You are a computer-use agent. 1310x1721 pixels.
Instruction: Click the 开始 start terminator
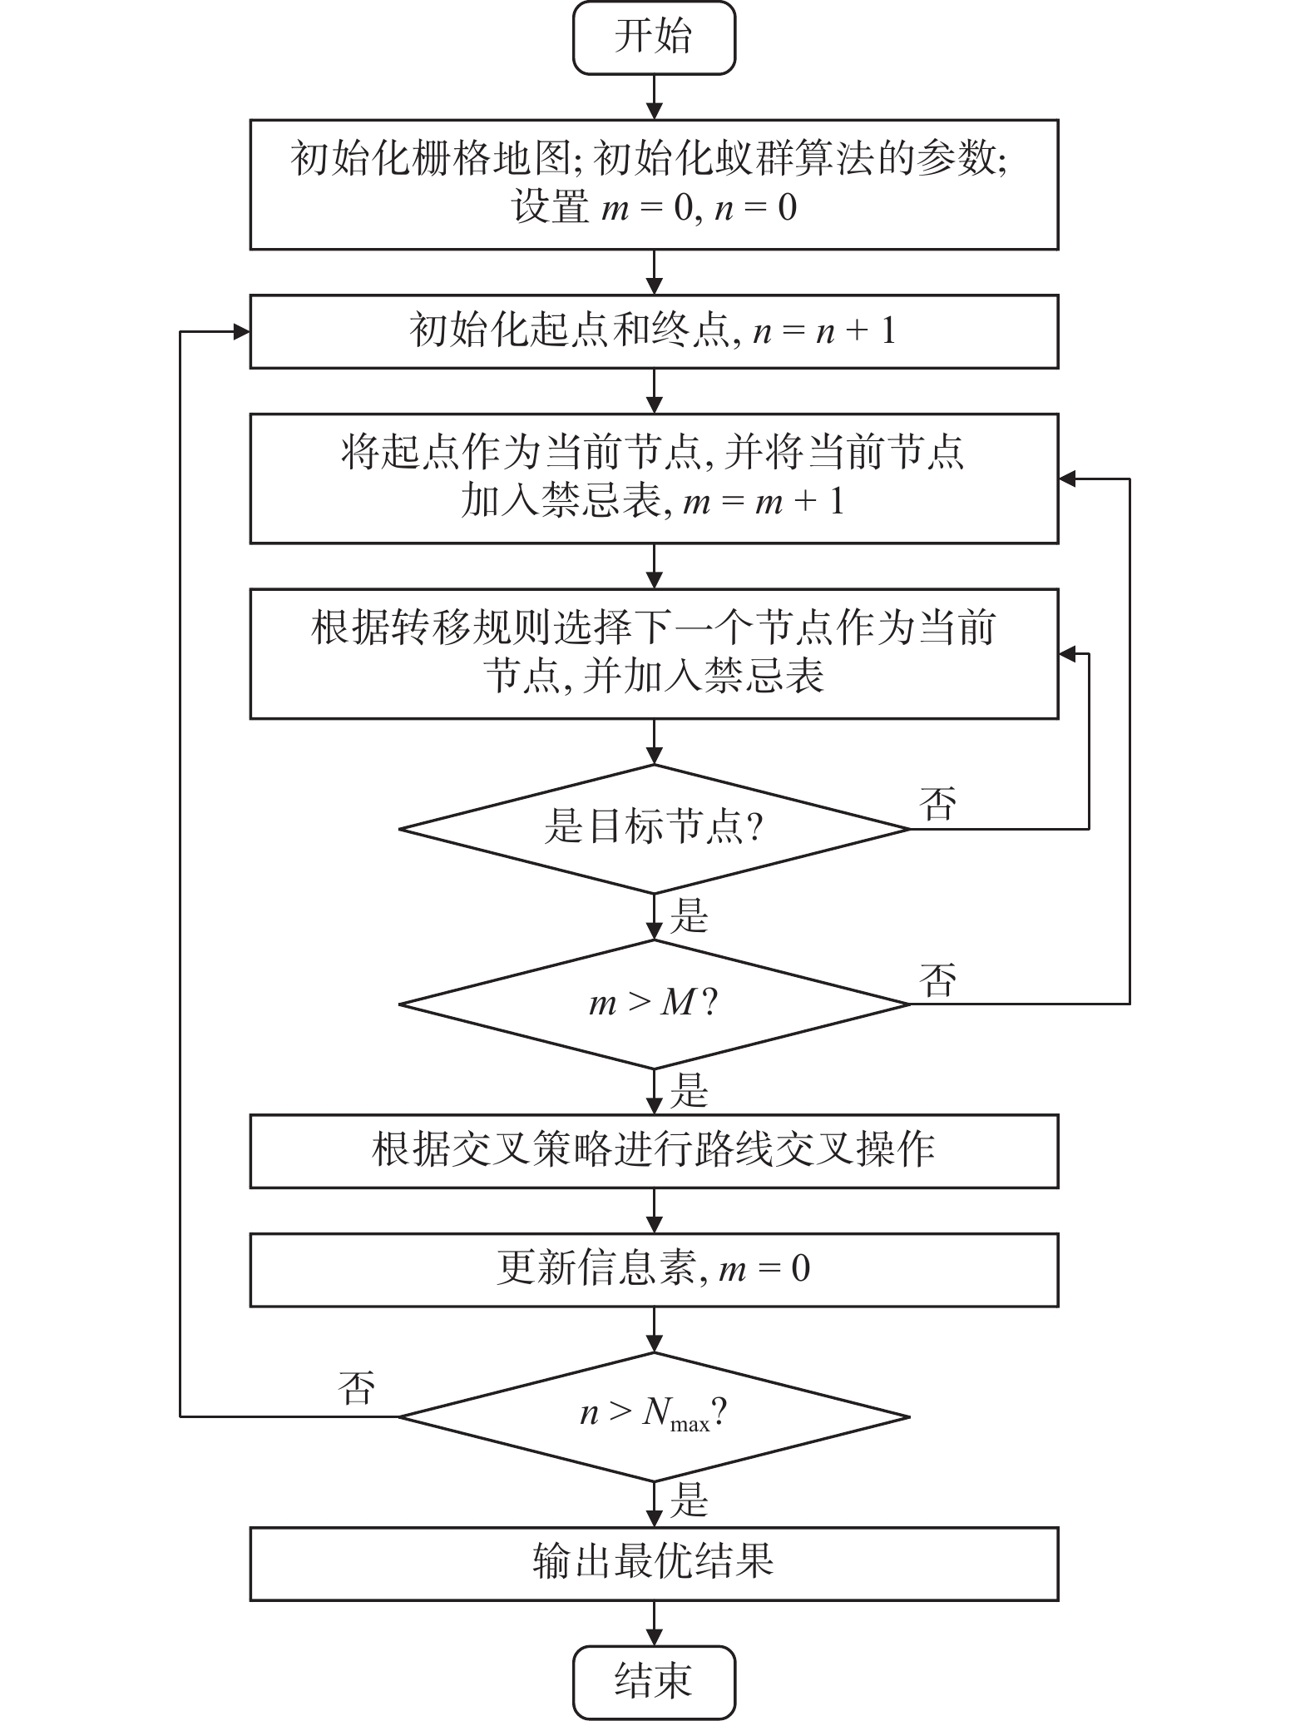(654, 37)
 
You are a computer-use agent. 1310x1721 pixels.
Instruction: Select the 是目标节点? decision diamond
(654, 829)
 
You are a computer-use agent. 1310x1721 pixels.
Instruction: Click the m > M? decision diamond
(654, 1004)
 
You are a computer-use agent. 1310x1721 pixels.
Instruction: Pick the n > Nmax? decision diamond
(654, 1416)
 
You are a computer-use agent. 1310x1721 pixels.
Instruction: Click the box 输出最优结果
(654, 1563)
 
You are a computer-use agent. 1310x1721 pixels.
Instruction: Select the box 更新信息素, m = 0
(654, 1269)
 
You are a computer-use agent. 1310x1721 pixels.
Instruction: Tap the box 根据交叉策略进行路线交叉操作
(654, 1151)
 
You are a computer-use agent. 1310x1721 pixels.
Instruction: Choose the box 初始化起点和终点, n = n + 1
(654, 331)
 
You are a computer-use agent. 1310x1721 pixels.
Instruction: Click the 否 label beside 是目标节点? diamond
(937, 804)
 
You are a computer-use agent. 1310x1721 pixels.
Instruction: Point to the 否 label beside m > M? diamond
(937, 980)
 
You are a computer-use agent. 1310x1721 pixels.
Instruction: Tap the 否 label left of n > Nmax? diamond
(357, 1388)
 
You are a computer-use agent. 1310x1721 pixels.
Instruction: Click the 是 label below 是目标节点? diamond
(689, 915)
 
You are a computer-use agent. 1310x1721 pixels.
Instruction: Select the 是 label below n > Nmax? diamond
(689, 1500)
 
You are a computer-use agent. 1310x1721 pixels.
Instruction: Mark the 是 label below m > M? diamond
(689, 1090)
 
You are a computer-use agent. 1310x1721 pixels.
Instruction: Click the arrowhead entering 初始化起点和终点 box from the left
(242, 332)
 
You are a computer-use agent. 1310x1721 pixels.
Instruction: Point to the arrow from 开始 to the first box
(655, 97)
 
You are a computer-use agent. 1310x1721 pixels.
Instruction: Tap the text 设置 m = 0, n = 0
(654, 207)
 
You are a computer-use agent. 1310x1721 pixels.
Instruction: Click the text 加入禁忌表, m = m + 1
(654, 502)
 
